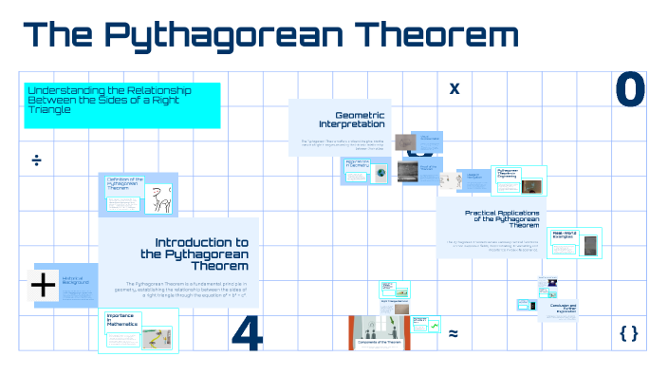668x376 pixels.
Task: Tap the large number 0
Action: click(x=630, y=90)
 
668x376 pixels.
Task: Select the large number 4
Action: click(x=247, y=334)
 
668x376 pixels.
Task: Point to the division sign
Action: click(x=36, y=159)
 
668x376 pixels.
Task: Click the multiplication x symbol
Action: click(x=454, y=88)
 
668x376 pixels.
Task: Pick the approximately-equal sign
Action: click(x=454, y=333)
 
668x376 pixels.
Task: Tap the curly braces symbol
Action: click(x=628, y=332)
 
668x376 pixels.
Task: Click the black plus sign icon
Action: click(x=45, y=285)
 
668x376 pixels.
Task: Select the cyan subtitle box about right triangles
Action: click(x=122, y=104)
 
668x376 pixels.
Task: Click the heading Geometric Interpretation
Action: click(x=352, y=119)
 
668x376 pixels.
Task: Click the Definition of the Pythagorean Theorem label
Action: click(x=123, y=183)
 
